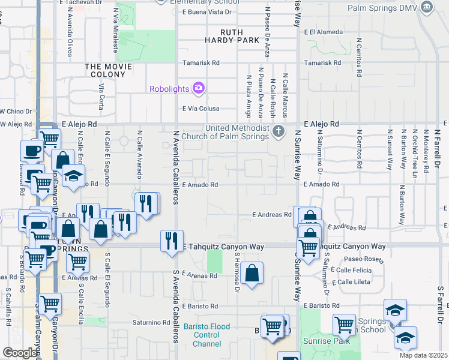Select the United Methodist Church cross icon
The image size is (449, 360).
(278, 131)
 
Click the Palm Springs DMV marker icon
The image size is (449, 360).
(427, 7)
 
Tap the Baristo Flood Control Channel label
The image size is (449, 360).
(207, 335)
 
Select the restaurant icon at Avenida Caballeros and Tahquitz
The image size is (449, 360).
(172, 241)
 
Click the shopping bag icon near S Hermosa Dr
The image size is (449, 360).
(253, 273)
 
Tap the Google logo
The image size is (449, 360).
(20, 353)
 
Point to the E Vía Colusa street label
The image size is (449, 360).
(201, 109)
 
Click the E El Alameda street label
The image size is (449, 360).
(323, 32)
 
